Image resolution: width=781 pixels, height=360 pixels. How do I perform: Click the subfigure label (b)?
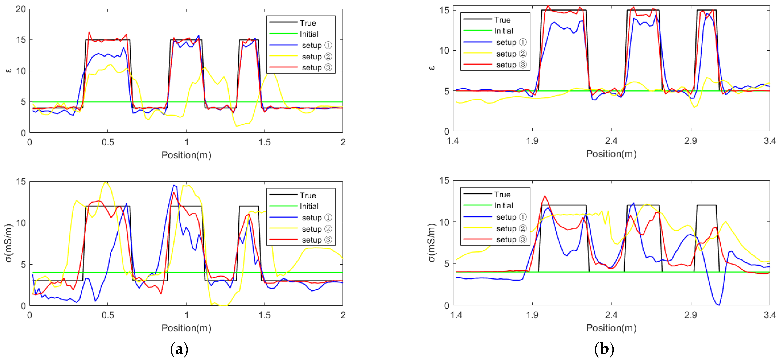(x=604, y=349)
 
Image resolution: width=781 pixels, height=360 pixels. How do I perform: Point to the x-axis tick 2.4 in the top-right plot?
(x=611, y=141)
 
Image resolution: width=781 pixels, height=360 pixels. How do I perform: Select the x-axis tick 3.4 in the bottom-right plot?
(x=769, y=315)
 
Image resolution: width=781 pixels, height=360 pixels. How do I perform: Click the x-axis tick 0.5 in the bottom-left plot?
(x=108, y=315)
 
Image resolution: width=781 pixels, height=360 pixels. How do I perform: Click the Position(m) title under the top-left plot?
(x=186, y=155)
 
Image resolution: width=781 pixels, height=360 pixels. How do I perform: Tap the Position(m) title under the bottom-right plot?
(x=611, y=328)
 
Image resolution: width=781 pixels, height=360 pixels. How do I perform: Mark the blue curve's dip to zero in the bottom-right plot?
(x=719, y=305)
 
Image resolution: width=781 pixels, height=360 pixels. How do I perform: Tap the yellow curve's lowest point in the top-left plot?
(x=237, y=126)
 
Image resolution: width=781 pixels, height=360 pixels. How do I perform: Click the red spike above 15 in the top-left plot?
(x=89, y=32)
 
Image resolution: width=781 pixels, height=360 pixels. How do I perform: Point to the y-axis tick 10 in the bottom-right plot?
(x=445, y=222)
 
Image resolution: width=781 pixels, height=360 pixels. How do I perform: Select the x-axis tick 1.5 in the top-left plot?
(x=264, y=142)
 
